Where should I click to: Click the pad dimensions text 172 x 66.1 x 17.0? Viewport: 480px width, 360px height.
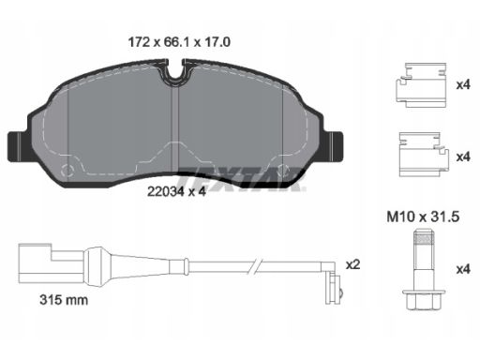(x=179, y=42)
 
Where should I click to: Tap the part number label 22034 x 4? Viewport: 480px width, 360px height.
(x=176, y=191)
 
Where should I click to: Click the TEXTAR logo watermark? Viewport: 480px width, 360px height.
(x=241, y=179)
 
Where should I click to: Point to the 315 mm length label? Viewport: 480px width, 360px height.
(x=64, y=300)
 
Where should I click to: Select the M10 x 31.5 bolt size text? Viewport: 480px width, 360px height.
(x=423, y=217)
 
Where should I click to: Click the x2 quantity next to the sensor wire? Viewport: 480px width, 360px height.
(x=353, y=265)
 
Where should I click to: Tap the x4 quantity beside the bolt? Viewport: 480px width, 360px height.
(x=463, y=269)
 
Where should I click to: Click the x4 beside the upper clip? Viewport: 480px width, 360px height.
(x=463, y=84)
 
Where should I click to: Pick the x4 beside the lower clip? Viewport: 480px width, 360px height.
(x=463, y=157)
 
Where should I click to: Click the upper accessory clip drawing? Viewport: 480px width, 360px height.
(x=421, y=85)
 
